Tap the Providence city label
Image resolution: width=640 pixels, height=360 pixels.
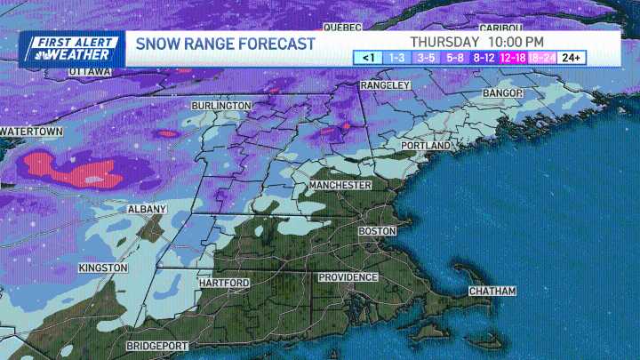pos(348,277)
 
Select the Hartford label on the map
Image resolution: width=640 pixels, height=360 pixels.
pos(225,283)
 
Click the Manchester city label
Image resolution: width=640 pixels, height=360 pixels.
pos(340,185)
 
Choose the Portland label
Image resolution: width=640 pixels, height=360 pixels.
pos(427,145)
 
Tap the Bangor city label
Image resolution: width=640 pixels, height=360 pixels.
pos(504,92)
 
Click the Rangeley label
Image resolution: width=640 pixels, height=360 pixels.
pos(385,85)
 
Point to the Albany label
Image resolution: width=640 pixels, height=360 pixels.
pos(147,209)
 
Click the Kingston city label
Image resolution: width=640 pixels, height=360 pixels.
pos(103,268)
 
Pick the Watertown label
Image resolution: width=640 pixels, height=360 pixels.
pos(31,132)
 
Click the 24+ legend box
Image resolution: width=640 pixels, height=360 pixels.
pos(572,58)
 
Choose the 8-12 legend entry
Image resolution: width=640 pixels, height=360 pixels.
pos(484,58)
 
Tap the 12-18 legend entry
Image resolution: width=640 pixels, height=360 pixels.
pos(513,58)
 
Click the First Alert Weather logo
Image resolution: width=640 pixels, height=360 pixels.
pos(71,48)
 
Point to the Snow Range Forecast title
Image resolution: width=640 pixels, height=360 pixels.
pos(224,44)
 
